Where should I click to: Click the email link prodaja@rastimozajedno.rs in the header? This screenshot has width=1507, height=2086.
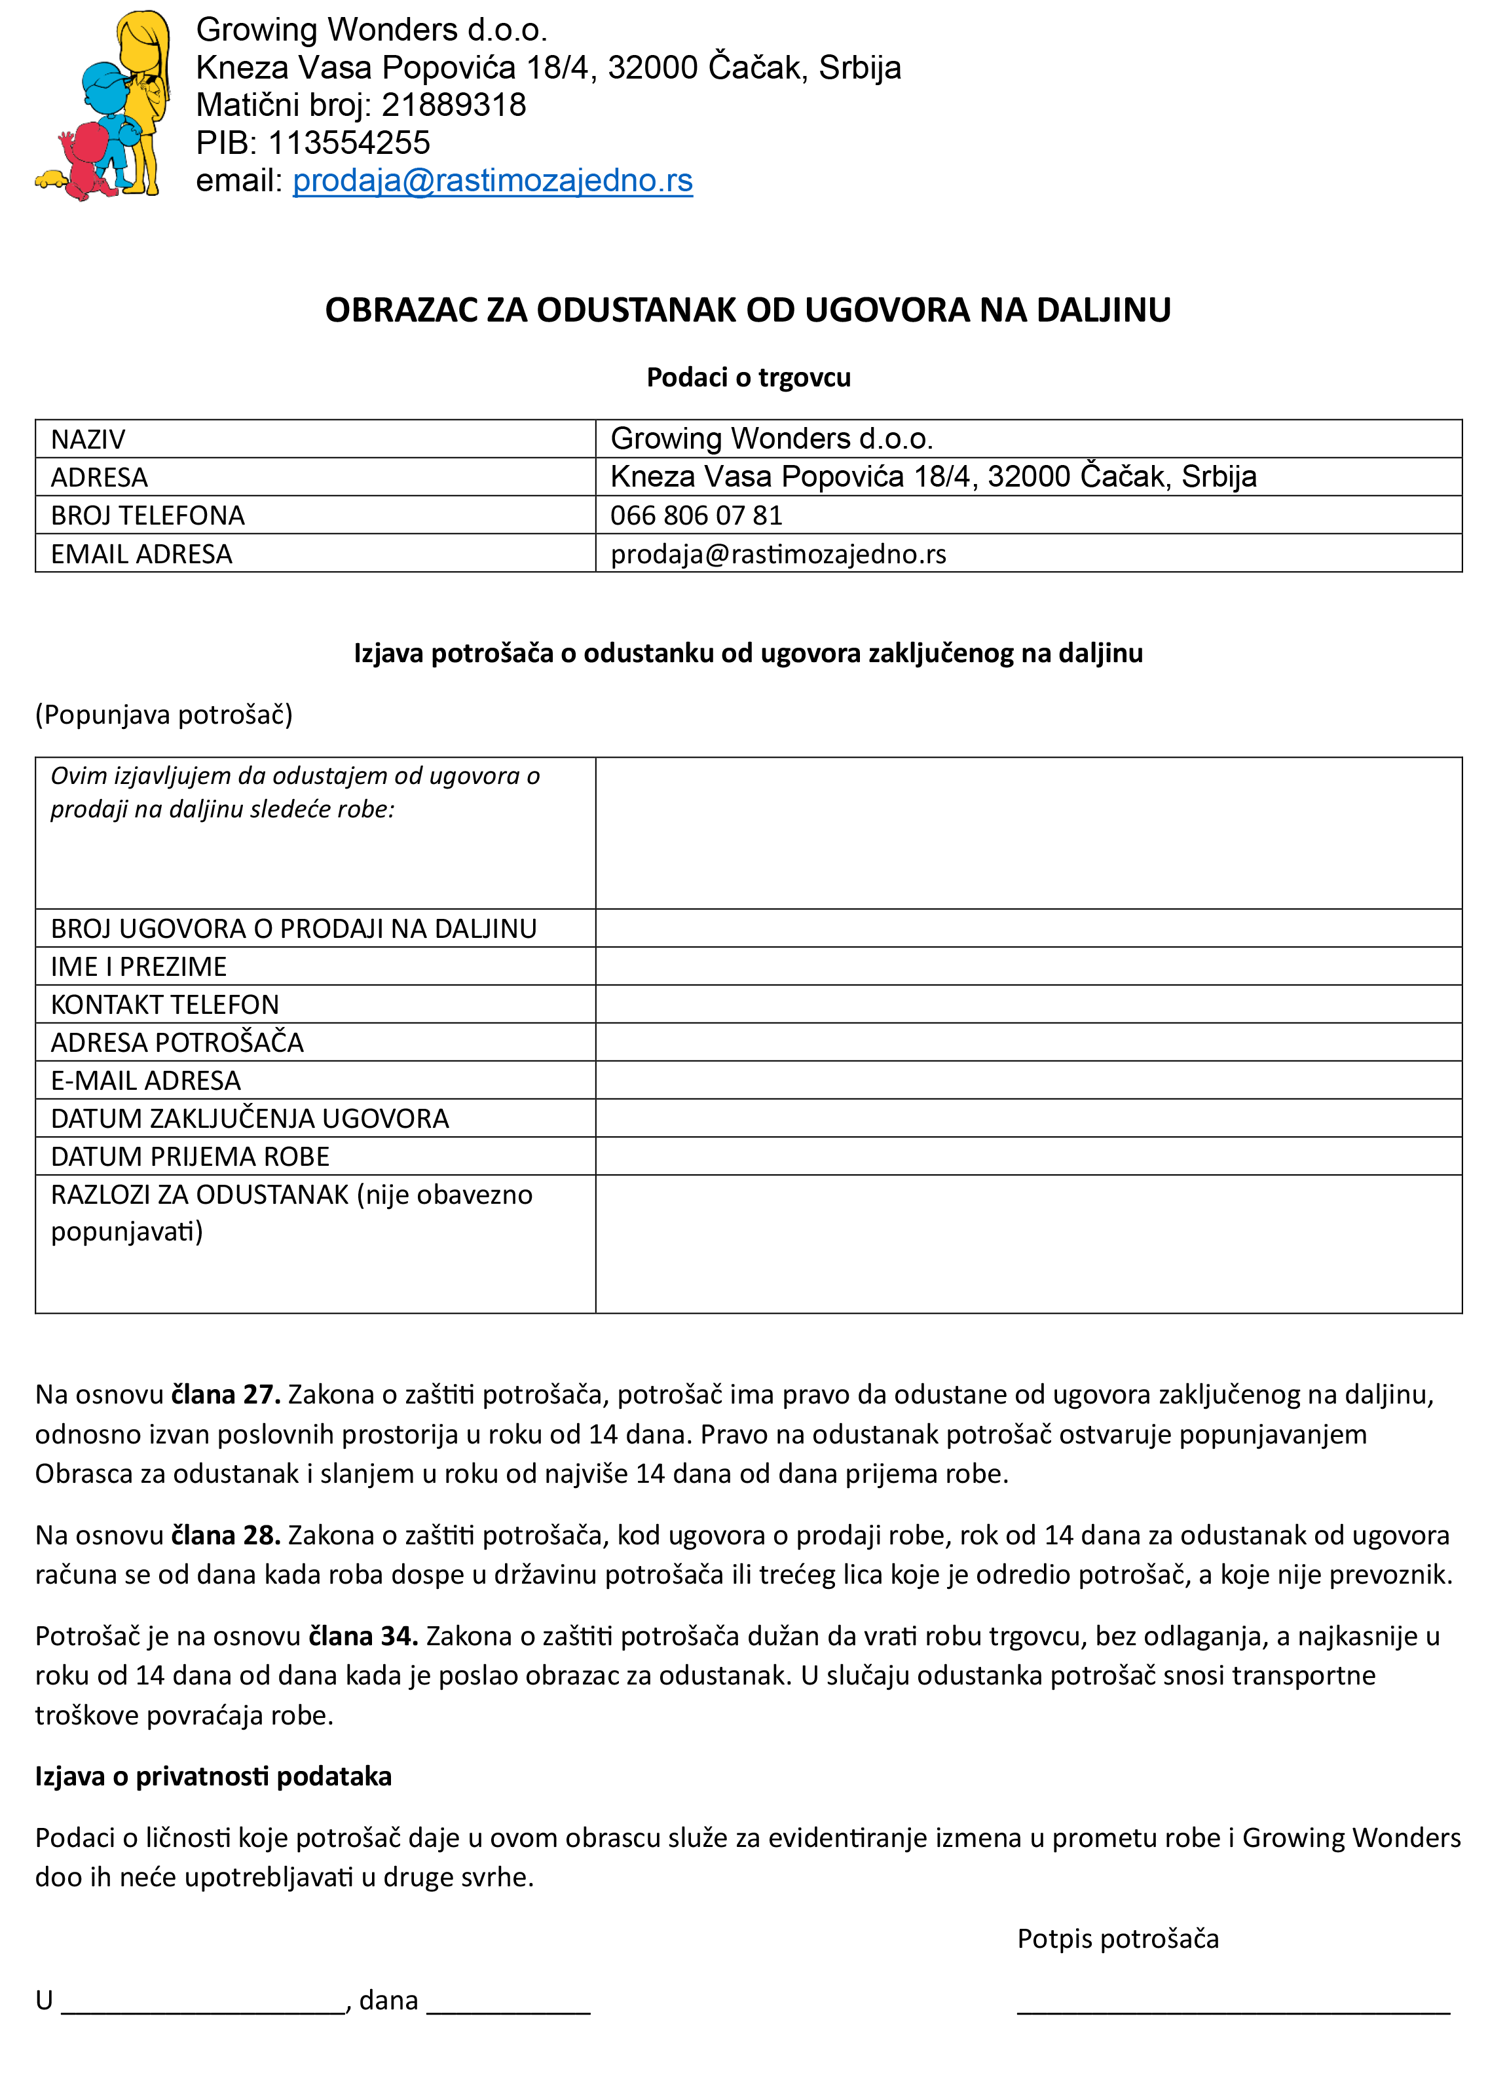(493, 180)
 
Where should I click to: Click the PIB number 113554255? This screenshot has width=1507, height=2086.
(348, 143)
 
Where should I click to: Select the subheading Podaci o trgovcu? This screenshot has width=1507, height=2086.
(749, 377)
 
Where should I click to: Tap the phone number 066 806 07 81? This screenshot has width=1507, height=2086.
(696, 515)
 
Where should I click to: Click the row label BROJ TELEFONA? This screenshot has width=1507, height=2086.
(148, 515)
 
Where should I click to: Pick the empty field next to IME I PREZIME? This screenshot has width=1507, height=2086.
(1028, 967)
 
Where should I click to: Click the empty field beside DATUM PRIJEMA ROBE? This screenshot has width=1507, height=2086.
(1028, 1156)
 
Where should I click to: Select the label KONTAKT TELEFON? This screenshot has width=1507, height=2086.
(164, 1005)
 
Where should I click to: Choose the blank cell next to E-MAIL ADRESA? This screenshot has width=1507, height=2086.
(1028, 1080)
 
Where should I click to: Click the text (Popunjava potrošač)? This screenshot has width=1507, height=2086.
(164, 715)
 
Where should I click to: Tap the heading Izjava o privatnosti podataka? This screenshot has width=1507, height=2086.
(214, 1775)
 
